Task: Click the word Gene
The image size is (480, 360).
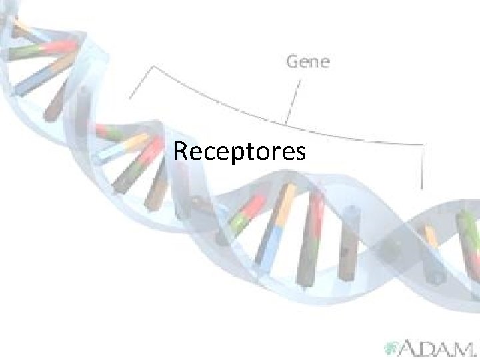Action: (x=307, y=62)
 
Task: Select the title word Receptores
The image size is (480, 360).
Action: (x=240, y=151)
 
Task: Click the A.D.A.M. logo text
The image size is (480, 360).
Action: (x=437, y=347)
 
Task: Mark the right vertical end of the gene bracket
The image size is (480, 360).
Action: (x=423, y=167)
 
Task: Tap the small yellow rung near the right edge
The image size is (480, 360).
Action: (x=431, y=236)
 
